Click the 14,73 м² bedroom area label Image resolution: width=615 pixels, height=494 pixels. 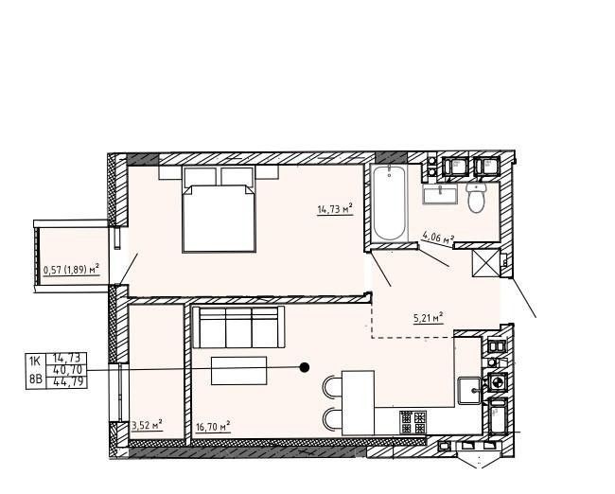(334, 209)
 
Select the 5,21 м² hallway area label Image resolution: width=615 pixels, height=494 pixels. (429, 319)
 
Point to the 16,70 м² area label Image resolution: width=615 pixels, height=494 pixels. (213, 428)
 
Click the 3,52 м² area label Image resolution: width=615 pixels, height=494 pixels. (146, 425)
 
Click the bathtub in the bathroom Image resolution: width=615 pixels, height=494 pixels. (389, 204)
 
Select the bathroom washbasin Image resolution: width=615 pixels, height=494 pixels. (439, 195)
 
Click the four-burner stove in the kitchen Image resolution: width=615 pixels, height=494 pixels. (413, 421)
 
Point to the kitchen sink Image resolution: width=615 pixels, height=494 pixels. (470, 388)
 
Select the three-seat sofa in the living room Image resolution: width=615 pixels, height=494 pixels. (238, 327)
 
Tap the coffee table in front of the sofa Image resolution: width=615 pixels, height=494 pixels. (238, 370)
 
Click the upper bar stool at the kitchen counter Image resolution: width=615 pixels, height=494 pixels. (333, 386)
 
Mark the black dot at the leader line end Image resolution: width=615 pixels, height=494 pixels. (305, 367)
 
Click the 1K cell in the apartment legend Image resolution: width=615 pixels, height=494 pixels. (35, 360)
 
